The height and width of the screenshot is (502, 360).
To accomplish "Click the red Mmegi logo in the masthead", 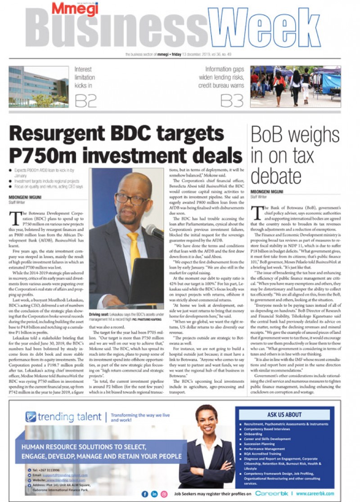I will click(x=68, y=9).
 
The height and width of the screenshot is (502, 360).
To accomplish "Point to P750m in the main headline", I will click(x=42, y=155).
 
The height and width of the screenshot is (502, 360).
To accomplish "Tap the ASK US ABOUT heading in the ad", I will click(x=284, y=414).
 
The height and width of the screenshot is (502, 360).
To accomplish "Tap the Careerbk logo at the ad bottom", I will click(x=274, y=493).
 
